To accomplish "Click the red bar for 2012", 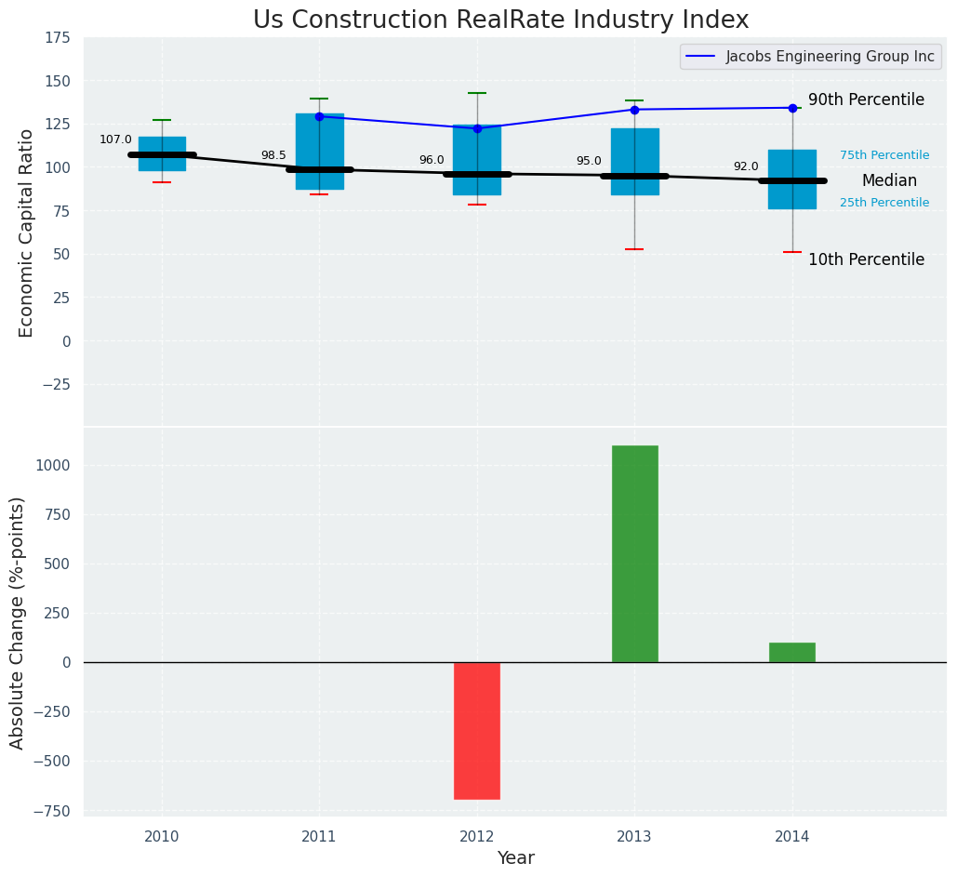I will click(477, 730).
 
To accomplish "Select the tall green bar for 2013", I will click(634, 553).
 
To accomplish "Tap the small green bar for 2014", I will click(792, 652).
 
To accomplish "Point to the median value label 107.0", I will click(115, 139).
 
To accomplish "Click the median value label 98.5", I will click(273, 155).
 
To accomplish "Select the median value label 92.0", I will click(746, 166).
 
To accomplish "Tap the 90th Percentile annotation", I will click(866, 100).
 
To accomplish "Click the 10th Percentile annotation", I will click(866, 259).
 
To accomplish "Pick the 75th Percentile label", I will click(884, 155).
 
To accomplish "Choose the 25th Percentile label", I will click(884, 203).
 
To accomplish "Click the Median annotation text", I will click(889, 180).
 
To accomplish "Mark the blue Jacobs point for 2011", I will click(319, 116).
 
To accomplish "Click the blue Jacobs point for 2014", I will click(792, 108).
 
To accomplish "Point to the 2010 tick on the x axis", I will click(162, 836).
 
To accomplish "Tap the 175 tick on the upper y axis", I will click(58, 37).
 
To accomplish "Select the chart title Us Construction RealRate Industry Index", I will click(500, 20).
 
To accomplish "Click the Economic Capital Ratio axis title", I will click(26, 232).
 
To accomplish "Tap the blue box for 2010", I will click(162, 153).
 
